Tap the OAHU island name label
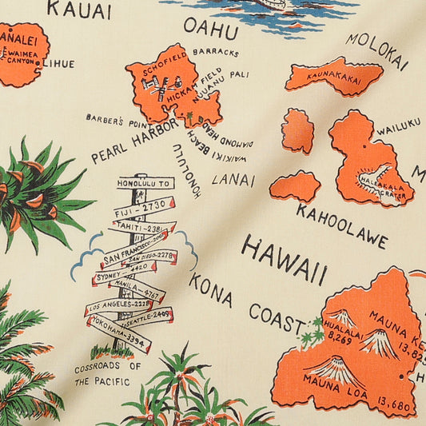click(x=210, y=29)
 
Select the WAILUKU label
click(x=397, y=126)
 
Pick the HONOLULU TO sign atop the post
click(x=144, y=183)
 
